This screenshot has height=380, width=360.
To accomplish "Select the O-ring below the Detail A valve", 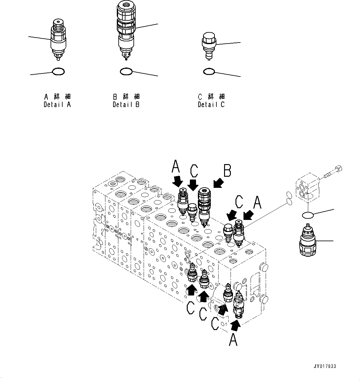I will (x=58, y=72).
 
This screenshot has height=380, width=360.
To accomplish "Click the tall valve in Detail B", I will (x=126, y=28).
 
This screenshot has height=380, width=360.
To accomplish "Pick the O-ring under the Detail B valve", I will (x=126, y=72).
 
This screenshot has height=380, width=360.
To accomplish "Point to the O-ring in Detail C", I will (x=209, y=72).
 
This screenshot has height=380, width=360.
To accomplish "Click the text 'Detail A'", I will (x=57, y=105).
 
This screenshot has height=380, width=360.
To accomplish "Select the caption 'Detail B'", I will (x=126, y=105).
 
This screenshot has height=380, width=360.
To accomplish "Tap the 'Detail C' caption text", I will (x=211, y=105).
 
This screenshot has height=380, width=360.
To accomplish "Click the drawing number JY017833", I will (x=325, y=366).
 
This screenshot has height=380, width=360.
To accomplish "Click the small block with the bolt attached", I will (x=307, y=188).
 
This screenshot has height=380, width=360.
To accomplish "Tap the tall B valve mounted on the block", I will (x=204, y=205).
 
